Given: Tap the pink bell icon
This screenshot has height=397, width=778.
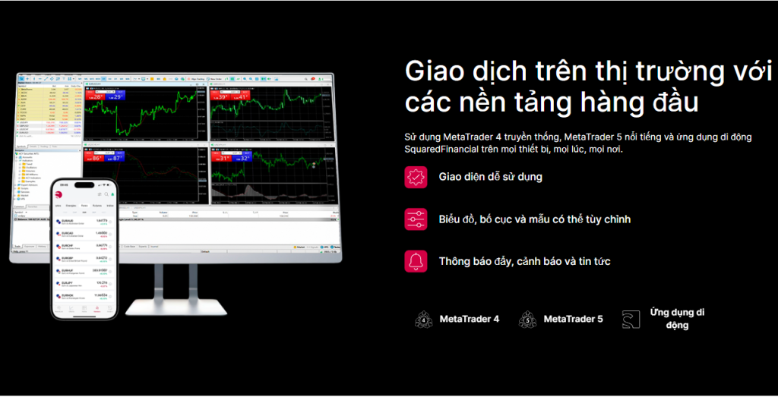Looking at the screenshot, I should [416, 261].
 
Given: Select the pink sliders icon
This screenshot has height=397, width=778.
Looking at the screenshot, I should [416, 219].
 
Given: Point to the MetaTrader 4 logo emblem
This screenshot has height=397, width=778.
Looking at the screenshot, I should [424, 320].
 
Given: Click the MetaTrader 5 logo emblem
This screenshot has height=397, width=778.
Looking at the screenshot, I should [528, 320].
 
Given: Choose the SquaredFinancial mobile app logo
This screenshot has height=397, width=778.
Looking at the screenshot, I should [631, 320].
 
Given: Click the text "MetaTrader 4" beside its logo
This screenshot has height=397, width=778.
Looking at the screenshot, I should [470, 320].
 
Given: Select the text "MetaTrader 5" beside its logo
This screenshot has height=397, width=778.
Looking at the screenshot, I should [574, 320].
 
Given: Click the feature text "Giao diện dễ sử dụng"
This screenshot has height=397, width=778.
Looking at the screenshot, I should [491, 178].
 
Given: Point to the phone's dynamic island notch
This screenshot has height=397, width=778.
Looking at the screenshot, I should [84, 185].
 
